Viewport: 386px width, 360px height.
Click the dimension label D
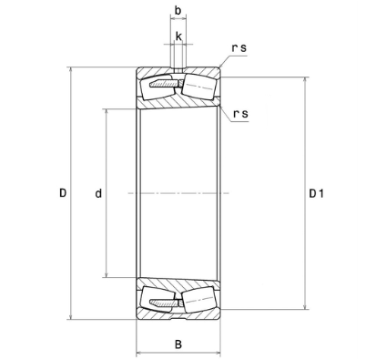click(63, 192)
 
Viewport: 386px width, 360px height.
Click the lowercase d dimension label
click(98, 192)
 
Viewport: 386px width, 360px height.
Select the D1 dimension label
click(316, 193)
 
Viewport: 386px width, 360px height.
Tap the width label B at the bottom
click(178, 345)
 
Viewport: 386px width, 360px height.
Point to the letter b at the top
click(178, 10)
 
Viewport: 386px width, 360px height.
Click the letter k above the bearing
click(178, 36)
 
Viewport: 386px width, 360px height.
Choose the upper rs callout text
click(239, 48)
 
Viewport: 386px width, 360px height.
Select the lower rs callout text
click(240, 114)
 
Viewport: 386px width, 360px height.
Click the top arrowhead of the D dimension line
click(71, 69)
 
